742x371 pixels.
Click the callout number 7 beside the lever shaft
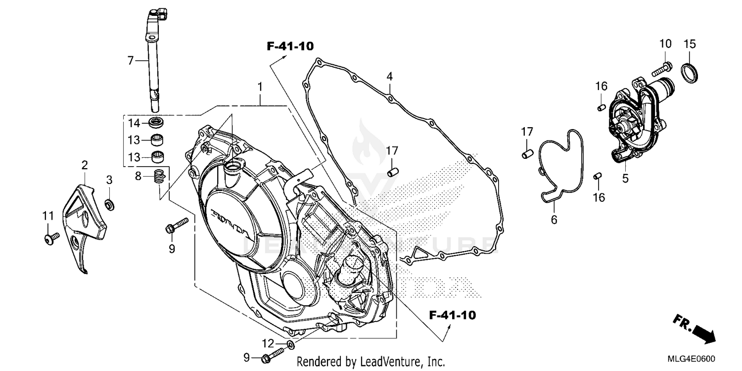131,61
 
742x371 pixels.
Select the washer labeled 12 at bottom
290,344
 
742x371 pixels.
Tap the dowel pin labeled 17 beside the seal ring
527,154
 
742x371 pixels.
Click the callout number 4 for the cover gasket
389,77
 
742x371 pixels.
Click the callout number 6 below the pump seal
554,219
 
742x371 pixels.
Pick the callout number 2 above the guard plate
85,164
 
